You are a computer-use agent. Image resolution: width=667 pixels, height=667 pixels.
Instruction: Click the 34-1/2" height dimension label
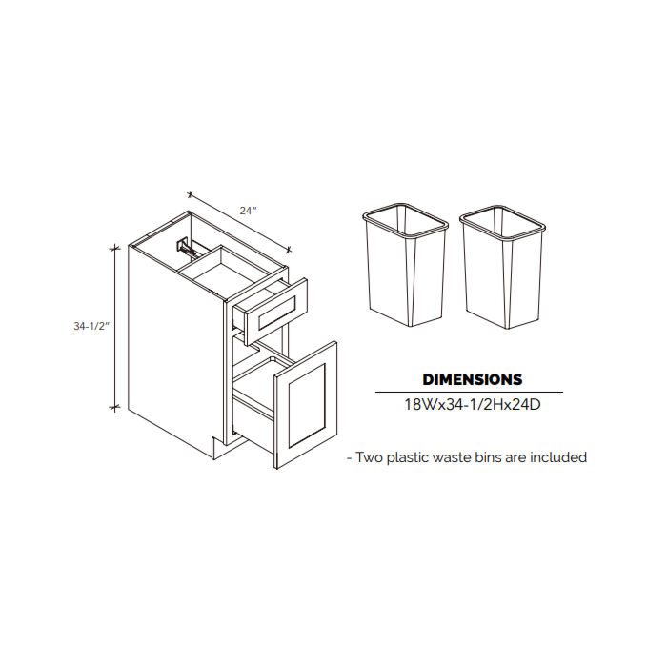point(91,326)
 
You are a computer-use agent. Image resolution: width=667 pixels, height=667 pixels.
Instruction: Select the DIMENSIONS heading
point(473,379)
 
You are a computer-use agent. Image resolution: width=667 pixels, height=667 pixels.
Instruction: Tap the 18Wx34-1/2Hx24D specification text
point(473,404)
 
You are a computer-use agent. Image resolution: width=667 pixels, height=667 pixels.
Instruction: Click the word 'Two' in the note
point(368,457)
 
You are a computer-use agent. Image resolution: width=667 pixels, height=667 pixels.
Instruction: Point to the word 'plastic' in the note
point(407,458)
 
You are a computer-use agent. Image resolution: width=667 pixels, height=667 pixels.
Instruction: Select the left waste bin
point(405,264)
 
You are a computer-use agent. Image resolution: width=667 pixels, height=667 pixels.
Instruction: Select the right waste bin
point(502,267)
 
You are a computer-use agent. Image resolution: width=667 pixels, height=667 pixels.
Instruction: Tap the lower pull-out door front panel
point(306,404)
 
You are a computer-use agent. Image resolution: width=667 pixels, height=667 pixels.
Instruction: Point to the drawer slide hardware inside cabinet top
point(186,247)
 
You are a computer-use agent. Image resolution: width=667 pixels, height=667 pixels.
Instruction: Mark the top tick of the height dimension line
point(114,248)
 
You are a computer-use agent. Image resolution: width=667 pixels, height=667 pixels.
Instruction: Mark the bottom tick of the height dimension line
point(114,407)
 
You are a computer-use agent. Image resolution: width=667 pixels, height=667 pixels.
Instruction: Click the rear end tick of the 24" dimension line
point(191,194)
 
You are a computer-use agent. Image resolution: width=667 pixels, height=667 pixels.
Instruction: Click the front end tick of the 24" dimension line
point(289,250)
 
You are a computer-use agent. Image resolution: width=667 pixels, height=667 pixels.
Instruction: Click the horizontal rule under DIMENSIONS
point(469,392)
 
